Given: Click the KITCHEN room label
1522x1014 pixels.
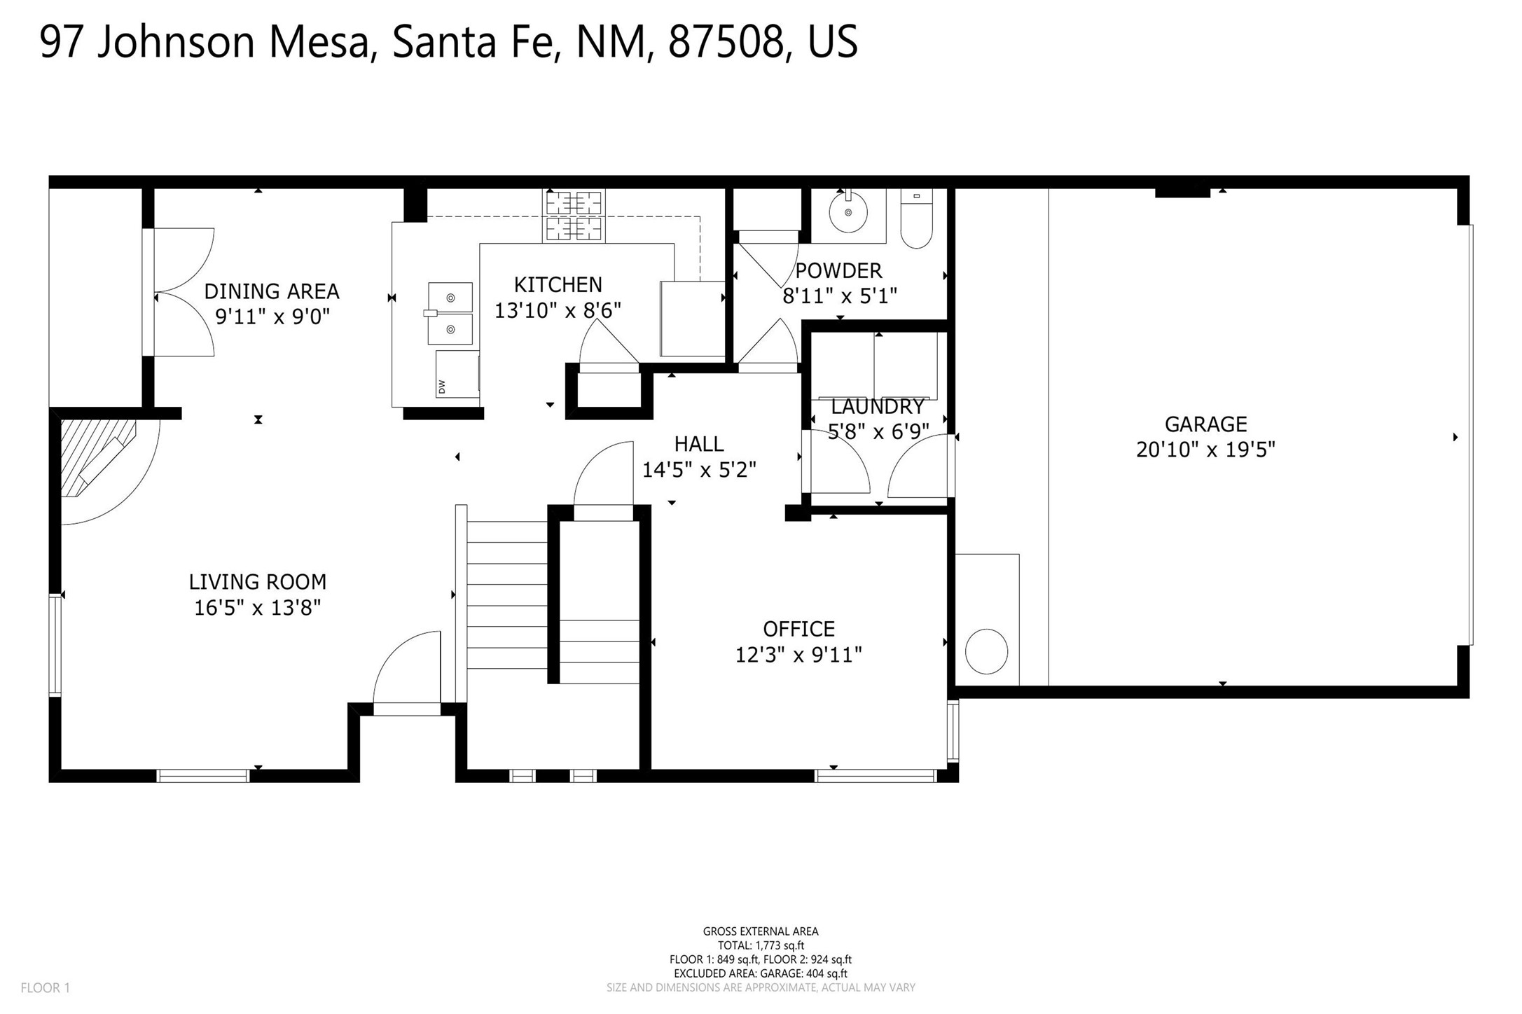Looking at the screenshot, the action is point(558,284).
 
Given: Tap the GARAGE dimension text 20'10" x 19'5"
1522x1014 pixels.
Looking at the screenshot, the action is point(1205,450).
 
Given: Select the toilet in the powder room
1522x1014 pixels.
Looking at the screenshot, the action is point(916,218).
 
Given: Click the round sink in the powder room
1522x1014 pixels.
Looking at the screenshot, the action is point(848,211).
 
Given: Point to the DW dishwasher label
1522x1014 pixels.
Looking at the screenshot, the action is point(441,386).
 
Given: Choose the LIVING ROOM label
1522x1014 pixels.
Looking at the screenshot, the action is point(258,582).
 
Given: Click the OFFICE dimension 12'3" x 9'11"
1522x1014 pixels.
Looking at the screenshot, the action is point(798,655).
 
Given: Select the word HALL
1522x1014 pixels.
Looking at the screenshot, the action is point(699,444).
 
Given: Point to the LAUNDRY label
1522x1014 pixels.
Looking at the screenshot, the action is point(878,407).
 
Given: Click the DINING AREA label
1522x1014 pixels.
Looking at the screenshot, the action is point(272,291).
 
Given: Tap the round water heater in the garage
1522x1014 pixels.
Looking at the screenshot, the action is point(986,651).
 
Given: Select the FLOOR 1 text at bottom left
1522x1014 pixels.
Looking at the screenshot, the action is point(46,988).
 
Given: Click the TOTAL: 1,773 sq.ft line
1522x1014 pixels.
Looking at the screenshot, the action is point(761,945).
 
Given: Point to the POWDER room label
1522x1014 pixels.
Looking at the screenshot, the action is point(838,270).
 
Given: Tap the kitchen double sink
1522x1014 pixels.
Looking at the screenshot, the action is point(450,314).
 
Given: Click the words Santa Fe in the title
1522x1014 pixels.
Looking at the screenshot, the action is point(475,42).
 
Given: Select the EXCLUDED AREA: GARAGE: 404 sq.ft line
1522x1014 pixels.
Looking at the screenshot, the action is point(761,973).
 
